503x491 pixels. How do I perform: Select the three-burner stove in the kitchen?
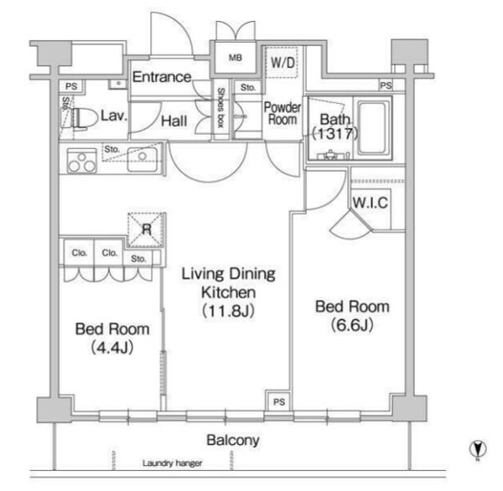pyautogui.click(x=82, y=161)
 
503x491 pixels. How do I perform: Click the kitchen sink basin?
pyautogui.click(x=143, y=159)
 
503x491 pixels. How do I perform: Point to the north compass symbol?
pyautogui.click(x=478, y=449)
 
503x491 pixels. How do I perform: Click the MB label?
pyautogui.click(x=235, y=58)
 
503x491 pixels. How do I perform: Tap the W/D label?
pyautogui.click(x=283, y=63)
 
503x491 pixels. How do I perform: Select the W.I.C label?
pyautogui.click(x=371, y=203)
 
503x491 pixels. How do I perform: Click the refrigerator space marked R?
pyautogui.click(x=146, y=230)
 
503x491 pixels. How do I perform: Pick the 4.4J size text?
pyautogui.click(x=112, y=348)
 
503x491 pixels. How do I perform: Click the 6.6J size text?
pyautogui.click(x=352, y=325)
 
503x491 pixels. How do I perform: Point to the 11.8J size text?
pyautogui.click(x=228, y=311)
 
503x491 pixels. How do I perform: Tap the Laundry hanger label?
pyautogui.click(x=172, y=463)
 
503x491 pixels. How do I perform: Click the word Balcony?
pyautogui.click(x=233, y=440)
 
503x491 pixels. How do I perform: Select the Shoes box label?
pyautogui.click(x=221, y=108)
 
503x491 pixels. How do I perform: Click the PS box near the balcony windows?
pyautogui.click(x=279, y=401)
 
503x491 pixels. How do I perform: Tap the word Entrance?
pyautogui.click(x=162, y=77)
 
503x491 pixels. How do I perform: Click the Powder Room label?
pyautogui.click(x=283, y=113)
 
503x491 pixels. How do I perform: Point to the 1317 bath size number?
pyautogui.click(x=334, y=133)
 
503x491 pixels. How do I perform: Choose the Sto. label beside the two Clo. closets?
pyautogui.click(x=138, y=259)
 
